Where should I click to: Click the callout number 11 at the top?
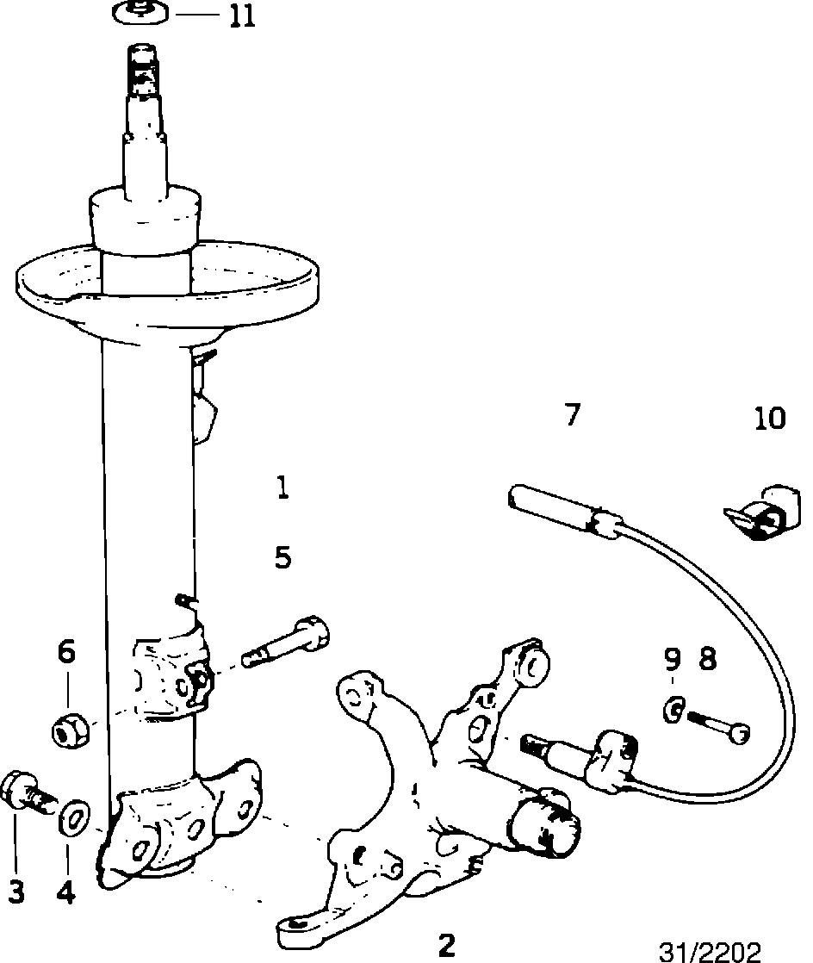pos(242,16)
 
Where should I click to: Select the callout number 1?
pos(282,489)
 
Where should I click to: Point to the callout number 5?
pos(282,558)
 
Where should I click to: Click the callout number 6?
pos(66,652)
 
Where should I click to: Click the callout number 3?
pos(15,892)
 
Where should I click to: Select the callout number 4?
pos(66,892)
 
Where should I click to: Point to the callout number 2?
pos(445,944)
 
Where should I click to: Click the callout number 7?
pos(572,415)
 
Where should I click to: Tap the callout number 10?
pos(769,419)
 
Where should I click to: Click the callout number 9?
pos(672,660)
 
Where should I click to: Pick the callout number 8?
pos(706,660)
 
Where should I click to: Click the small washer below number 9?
pos(674,710)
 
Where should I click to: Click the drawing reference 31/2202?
pos(711,950)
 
